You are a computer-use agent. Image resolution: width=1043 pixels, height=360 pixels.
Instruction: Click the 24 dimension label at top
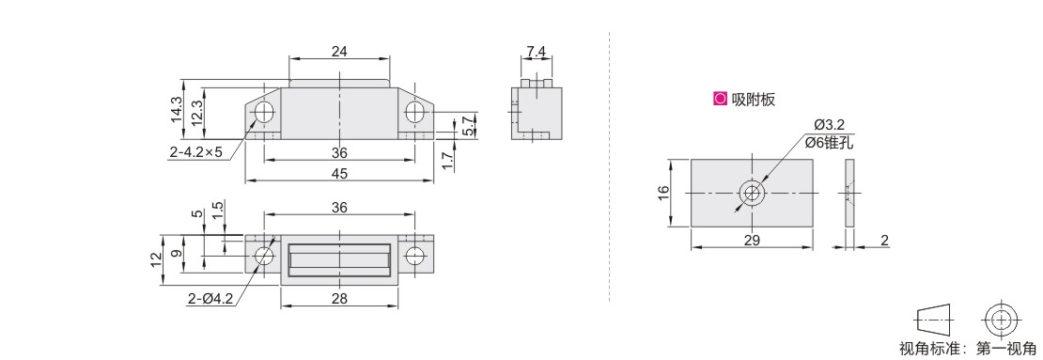(339, 52)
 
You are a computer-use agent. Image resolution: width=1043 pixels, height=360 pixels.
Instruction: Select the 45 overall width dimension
(339, 173)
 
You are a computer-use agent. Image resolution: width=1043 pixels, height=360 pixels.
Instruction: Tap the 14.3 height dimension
(176, 109)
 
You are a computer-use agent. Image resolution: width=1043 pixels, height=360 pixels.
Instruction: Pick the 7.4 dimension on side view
(537, 52)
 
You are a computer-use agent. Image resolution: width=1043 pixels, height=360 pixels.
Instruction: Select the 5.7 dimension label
(468, 126)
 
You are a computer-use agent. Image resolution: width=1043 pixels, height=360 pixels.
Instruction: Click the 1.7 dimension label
(447, 161)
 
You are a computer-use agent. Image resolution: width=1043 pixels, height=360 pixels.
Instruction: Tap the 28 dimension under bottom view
(339, 300)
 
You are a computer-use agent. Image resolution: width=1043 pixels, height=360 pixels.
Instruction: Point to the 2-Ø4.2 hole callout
(210, 300)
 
